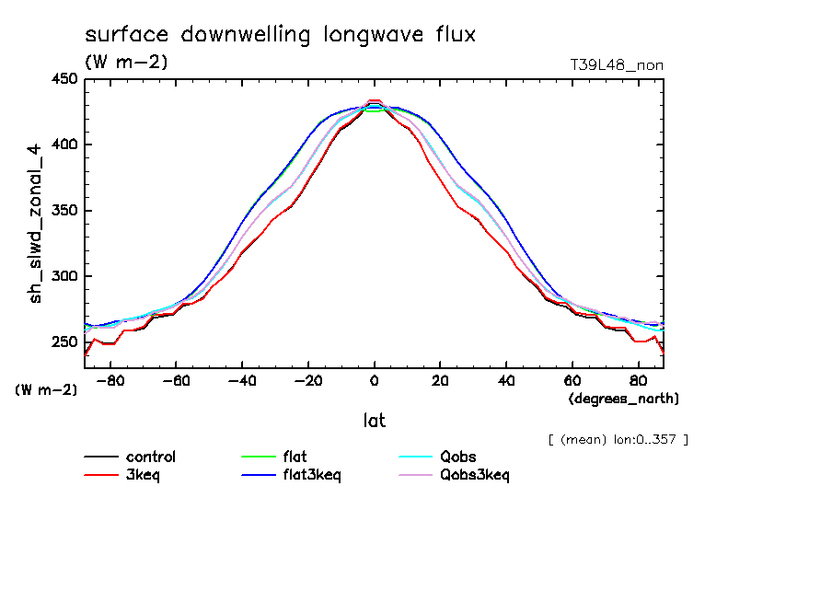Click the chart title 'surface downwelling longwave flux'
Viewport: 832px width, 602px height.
(x=281, y=36)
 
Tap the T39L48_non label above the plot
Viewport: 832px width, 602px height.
(x=617, y=64)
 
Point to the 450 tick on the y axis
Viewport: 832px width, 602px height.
(x=65, y=79)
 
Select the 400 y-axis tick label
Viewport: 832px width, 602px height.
(x=65, y=145)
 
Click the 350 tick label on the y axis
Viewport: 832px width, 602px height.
(x=65, y=211)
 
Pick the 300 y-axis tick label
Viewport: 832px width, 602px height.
(x=65, y=276)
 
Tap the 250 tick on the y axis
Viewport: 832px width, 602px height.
(x=65, y=342)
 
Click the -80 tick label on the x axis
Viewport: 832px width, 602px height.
(x=110, y=379)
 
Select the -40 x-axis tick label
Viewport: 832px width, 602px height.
(x=241, y=379)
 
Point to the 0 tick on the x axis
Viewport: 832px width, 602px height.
(x=374, y=379)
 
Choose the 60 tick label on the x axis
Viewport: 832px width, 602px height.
(x=572, y=379)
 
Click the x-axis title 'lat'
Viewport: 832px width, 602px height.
(x=374, y=421)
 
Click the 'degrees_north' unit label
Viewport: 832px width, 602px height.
(x=624, y=399)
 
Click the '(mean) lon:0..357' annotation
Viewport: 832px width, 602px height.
(x=618, y=439)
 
